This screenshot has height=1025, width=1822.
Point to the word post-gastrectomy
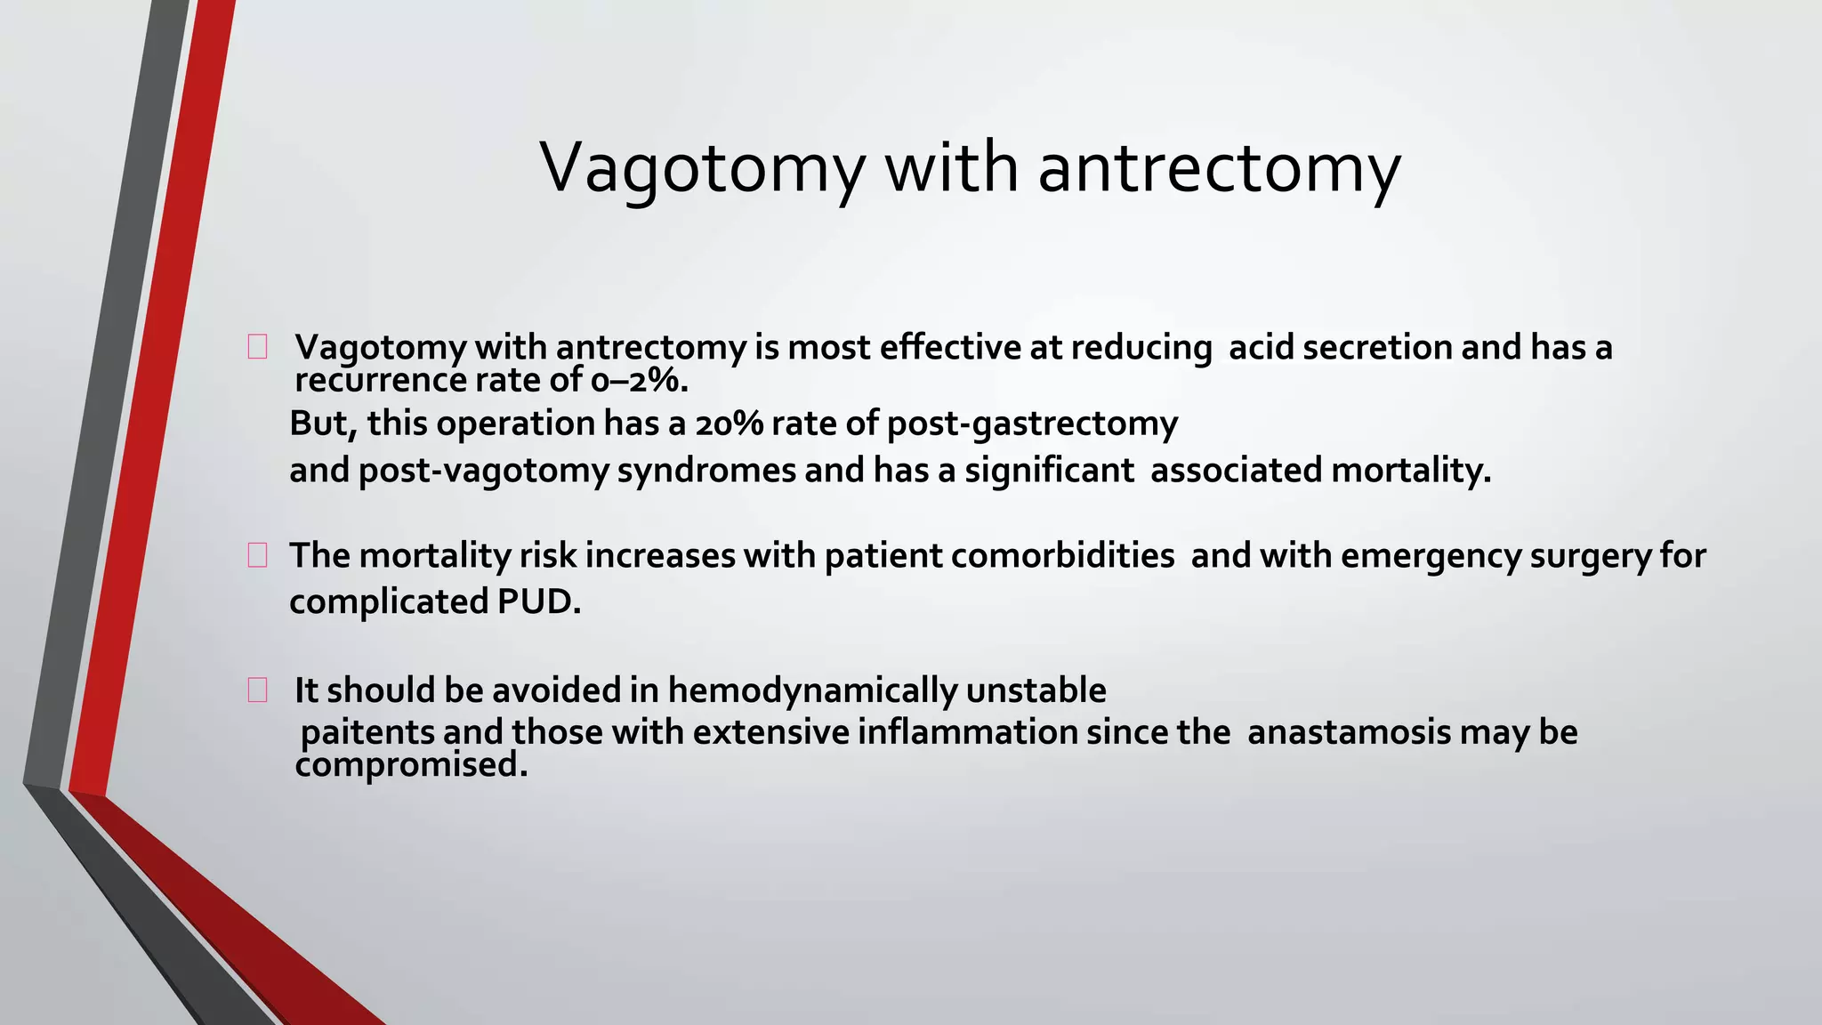tap(1032, 424)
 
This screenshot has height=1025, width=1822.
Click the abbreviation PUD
tap(538, 602)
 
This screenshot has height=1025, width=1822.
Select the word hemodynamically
tap(812, 690)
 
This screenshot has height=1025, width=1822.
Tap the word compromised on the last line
tap(411, 765)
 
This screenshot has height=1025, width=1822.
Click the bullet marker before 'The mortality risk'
tap(257, 556)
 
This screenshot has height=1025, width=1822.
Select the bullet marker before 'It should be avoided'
tap(257, 690)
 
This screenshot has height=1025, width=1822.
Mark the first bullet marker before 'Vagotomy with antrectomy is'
tap(257, 348)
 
